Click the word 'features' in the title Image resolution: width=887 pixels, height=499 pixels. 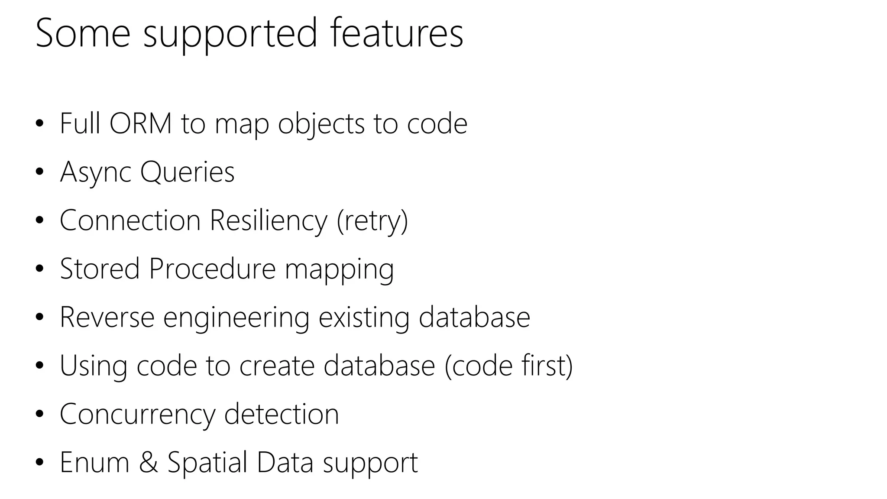[396, 33]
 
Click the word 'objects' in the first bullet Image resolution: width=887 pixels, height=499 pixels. [321, 125]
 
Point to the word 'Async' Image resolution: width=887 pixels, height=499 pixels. [95, 172]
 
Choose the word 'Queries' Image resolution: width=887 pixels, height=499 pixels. [187, 172]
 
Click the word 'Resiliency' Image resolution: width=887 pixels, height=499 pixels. [269, 221]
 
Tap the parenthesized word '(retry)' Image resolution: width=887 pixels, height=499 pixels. [372, 221]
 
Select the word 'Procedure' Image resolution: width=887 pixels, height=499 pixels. [212, 269]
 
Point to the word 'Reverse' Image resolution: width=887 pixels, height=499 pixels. [107, 317]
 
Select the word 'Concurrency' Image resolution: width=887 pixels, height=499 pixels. [137, 415]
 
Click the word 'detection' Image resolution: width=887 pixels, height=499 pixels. [282, 414]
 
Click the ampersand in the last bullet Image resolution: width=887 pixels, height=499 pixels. [149, 462]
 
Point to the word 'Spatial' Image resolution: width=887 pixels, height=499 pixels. [207, 463]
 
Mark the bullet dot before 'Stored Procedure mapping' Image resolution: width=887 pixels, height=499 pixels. [40, 269]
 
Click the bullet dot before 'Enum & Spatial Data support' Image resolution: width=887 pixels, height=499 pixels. [40, 463]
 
